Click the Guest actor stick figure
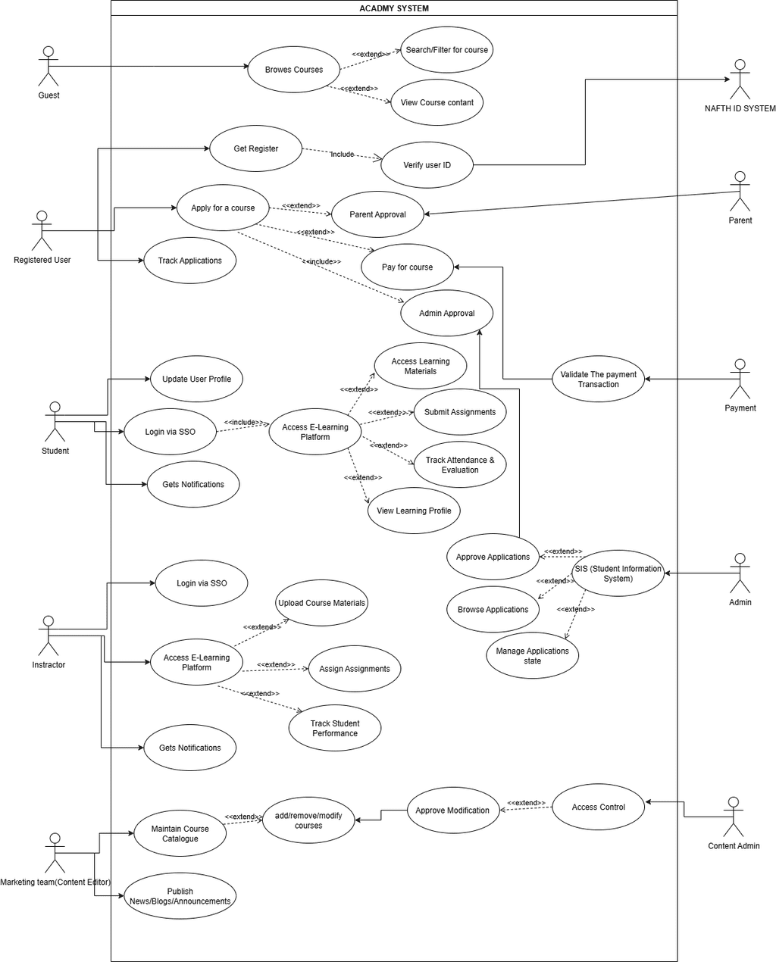[x=48, y=67]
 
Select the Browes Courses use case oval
[x=294, y=70]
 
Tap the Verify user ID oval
[x=427, y=165]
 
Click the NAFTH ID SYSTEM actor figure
[x=740, y=78]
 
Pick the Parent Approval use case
[x=377, y=214]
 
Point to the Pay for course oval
[x=407, y=267]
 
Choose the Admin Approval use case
[x=447, y=314]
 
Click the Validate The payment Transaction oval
[x=598, y=379]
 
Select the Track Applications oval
[x=189, y=261]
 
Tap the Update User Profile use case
[x=196, y=379]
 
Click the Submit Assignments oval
[x=459, y=412]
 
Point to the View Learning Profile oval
[x=414, y=511]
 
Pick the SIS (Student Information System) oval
[x=618, y=573]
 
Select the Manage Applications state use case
[x=532, y=656]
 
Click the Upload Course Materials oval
[x=321, y=603]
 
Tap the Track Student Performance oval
[x=334, y=728]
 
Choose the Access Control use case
[x=598, y=807]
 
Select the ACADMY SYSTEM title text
[x=394, y=8]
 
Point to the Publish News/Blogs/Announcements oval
[x=180, y=896]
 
